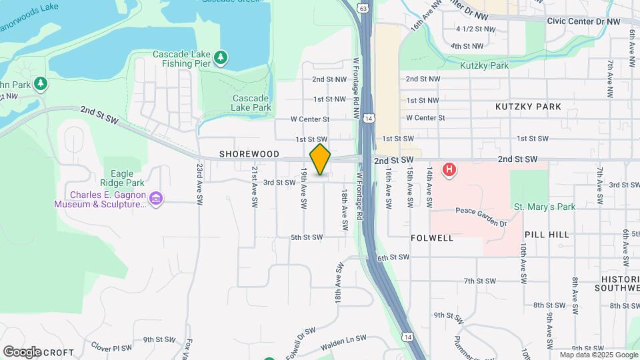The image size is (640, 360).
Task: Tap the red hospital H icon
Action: click(450, 169)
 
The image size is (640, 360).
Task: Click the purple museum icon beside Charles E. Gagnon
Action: click(156, 199)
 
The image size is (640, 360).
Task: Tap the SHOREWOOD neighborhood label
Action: click(249, 154)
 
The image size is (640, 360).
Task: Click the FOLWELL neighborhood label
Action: click(432, 237)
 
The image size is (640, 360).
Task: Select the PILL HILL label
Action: click(547, 235)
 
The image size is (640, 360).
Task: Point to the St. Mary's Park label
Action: click(545, 207)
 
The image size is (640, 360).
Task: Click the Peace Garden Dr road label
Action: click(481, 211)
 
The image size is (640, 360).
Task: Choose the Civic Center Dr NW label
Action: click(583, 21)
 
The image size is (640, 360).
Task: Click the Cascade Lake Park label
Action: click(251, 103)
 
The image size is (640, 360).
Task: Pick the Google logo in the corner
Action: click(22, 351)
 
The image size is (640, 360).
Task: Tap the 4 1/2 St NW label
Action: click(476, 29)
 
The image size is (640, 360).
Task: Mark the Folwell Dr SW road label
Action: click(301, 343)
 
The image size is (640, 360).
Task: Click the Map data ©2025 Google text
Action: click(599, 355)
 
